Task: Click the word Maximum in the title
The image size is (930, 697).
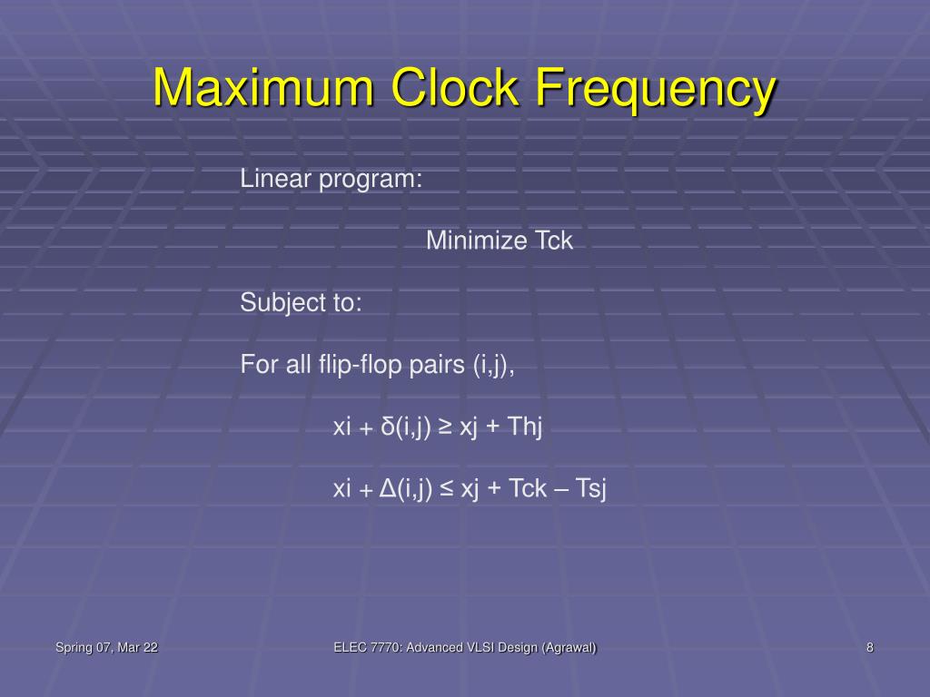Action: click(263, 88)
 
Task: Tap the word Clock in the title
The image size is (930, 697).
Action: click(455, 88)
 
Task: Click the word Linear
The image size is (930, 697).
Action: click(275, 179)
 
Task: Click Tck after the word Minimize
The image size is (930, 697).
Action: click(553, 241)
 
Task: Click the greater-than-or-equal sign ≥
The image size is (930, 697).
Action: click(446, 427)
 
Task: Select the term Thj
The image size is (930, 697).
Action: click(525, 427)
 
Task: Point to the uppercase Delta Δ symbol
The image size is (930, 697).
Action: click(388, 488)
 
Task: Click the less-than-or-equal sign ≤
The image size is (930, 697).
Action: click(446, 489)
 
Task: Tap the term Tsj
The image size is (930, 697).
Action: click(591, 488)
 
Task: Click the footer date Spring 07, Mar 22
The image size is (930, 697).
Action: click(106, 647)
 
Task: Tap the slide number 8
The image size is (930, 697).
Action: click(870, 647)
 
